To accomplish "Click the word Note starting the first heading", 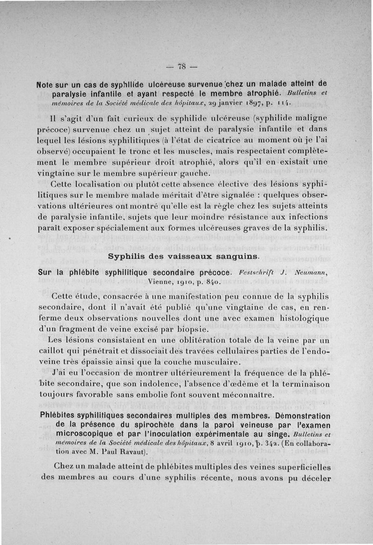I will [47, 85].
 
